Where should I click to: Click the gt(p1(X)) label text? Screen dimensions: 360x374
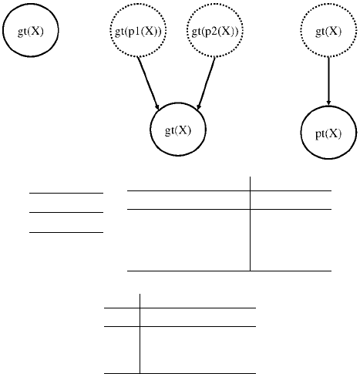[138, 32]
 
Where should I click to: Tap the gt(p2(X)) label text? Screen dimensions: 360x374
[215, 32]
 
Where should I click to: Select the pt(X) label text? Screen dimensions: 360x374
[328, 133]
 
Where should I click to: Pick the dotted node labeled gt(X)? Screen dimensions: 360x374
[328, 30]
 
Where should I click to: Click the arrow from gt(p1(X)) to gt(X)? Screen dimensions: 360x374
[148, 83]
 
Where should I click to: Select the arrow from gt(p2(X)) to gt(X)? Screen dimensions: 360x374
[206, 83]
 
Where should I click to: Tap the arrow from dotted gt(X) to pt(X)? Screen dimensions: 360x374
[328, 81]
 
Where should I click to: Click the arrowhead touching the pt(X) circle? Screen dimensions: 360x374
[328, 103]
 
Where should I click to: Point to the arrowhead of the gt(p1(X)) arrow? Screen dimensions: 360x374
[157, 107]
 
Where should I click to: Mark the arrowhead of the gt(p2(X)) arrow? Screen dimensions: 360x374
[198, 107]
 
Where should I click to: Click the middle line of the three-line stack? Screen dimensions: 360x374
[66, 212]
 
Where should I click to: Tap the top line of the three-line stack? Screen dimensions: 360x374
[66, 193]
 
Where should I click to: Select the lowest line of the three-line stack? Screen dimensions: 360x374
[66, 232]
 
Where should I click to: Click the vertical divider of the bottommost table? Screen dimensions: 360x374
[140, 334]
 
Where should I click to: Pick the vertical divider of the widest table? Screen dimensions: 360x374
[251, 224]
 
